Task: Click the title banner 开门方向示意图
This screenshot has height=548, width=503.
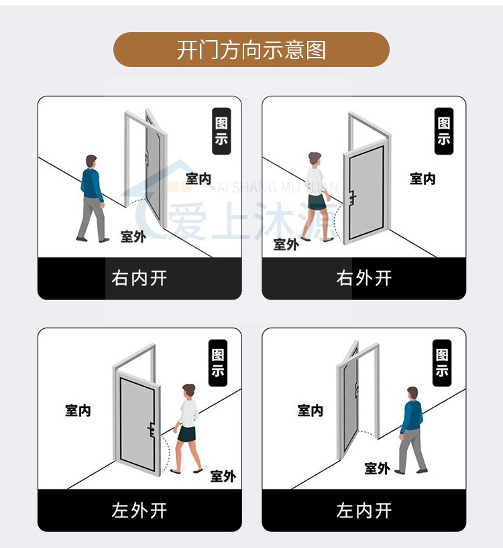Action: click(x=251, y=50)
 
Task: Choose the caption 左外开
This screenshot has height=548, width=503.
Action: click(x=139, y=510)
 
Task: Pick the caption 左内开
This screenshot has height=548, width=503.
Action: click(x=364, y=510)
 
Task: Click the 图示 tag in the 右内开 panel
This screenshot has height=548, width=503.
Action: click(x=221, y=131)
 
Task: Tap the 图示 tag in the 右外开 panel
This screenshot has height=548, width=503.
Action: click(x=444, y=131)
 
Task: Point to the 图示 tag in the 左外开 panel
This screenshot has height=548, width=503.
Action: click(x=218, y=363)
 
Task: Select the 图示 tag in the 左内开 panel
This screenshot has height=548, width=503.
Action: click(x=442, y=363)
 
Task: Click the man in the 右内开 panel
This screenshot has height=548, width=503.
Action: click(x=92, y=198)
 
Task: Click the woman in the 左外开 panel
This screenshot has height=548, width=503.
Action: click(x=188, y=429)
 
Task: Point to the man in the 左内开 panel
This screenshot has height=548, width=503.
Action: click(x=411, y=429)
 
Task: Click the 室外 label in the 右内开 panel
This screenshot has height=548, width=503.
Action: click(x=133, y=236)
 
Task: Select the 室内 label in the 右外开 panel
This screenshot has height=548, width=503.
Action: click(x=423, y=179)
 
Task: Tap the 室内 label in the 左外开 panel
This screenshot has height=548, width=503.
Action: click(x=78, y=411)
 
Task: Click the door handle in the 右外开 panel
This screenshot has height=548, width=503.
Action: click(x=351, y=196)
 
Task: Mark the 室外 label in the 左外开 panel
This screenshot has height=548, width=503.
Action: click(x=223, y=476)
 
